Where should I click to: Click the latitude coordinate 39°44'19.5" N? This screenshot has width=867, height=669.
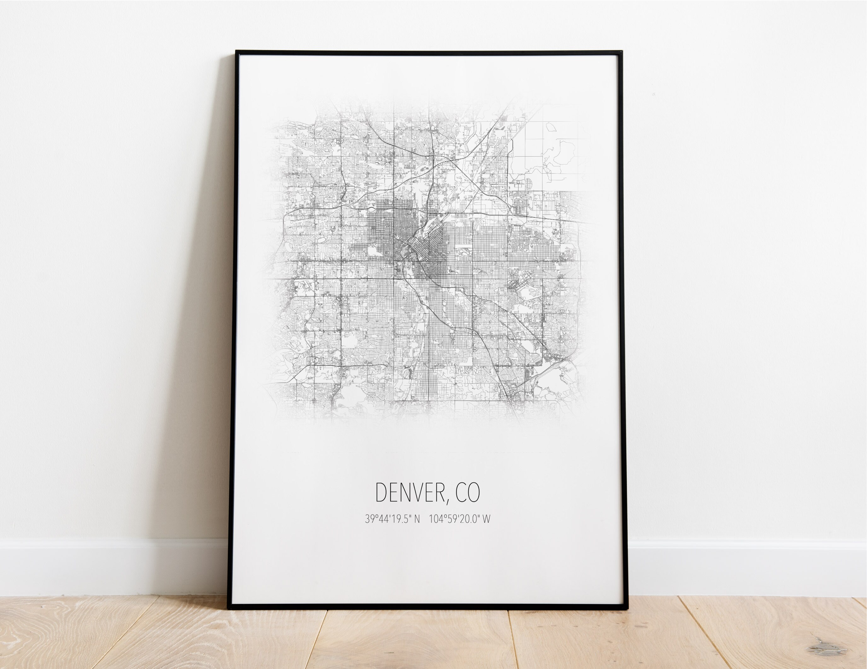(392, 519)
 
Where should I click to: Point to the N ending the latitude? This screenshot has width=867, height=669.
(417, 519)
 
